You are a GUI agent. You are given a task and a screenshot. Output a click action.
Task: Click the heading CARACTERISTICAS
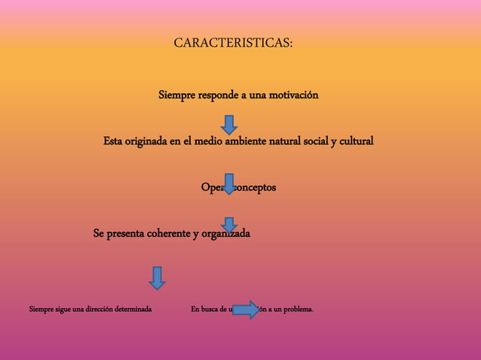click(233, 43)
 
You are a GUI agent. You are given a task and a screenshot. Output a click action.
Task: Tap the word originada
click(150, 141)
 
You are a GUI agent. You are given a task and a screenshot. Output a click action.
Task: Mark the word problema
click(299, 310)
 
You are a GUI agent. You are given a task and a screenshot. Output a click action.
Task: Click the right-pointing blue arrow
click(246, 310)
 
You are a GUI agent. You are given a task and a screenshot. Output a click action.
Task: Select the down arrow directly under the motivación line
click(229, 124)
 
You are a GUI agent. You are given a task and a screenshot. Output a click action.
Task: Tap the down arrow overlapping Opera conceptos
click(229, 184)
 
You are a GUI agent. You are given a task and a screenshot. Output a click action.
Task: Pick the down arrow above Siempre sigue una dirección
click(157, 277)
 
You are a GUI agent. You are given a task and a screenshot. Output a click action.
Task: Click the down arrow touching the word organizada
click(229, 225)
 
